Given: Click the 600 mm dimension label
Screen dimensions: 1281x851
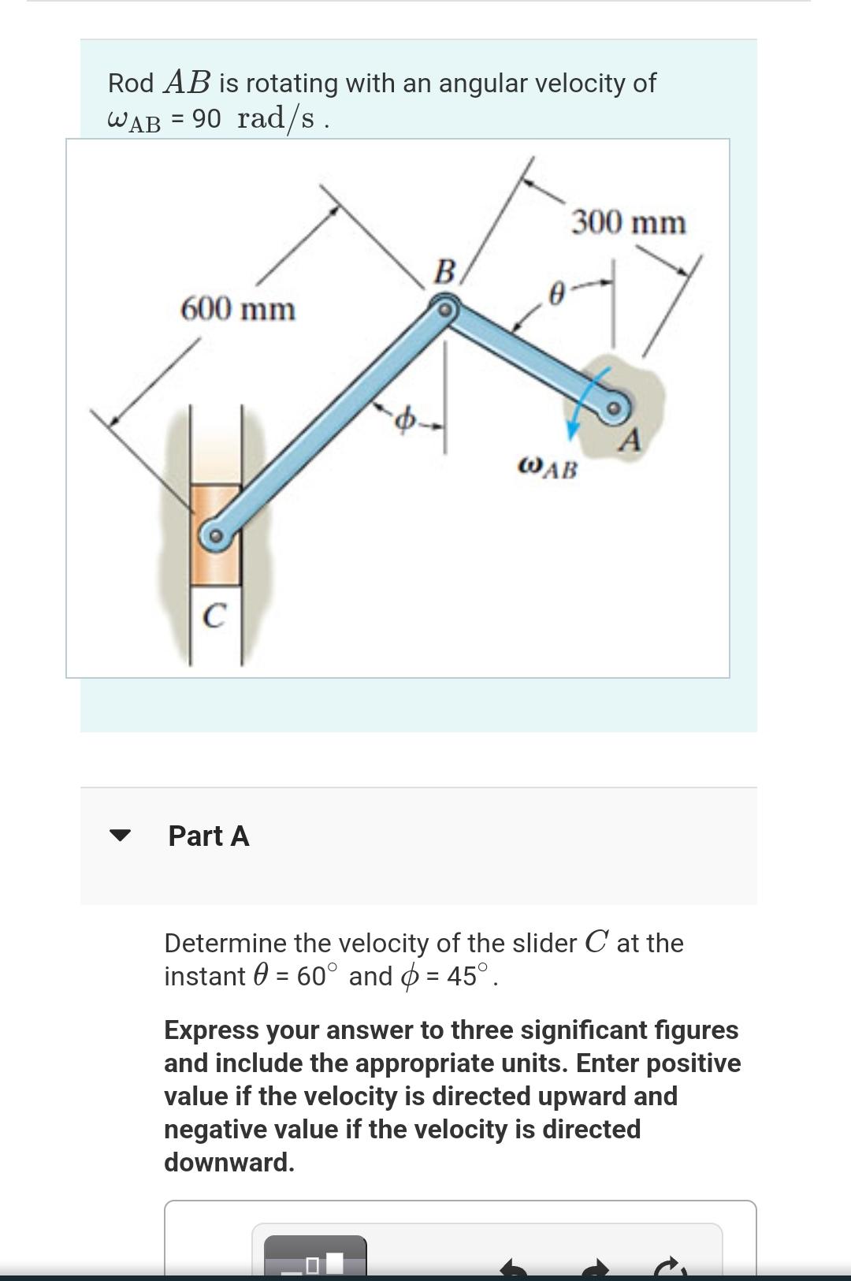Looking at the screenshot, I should [x=238, y=308].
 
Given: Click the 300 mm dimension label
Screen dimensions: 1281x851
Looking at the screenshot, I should [x=628, y=222].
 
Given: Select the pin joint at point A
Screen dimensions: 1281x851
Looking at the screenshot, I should [x=615, y=408].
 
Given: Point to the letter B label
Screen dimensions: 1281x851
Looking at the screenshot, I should [x=445, y=272].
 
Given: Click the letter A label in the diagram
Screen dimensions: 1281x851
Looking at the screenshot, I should [x=629, y=441].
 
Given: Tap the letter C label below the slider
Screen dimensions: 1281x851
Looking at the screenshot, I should [x=214, y=616].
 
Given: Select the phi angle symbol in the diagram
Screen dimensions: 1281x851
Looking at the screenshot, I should [x=404, y=421].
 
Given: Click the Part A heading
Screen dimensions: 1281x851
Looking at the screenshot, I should [x=209, y=836].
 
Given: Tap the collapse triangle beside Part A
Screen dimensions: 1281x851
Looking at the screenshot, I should [x=120, y=836].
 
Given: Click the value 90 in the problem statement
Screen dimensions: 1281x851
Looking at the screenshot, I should [x=206, y=118].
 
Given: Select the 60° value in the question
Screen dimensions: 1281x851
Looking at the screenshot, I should [x=311, y=976].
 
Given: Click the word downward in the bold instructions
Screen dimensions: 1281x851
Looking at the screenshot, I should [x=229, y=1162].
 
